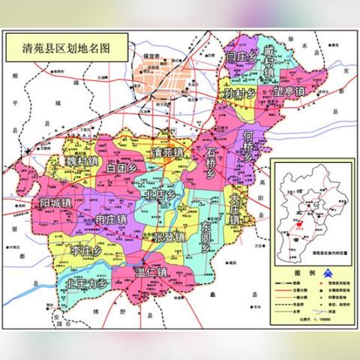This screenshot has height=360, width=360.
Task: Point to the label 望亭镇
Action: pos(289,91)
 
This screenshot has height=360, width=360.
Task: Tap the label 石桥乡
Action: pos(210,161)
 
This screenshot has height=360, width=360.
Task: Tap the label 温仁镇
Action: pos(151,271)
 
